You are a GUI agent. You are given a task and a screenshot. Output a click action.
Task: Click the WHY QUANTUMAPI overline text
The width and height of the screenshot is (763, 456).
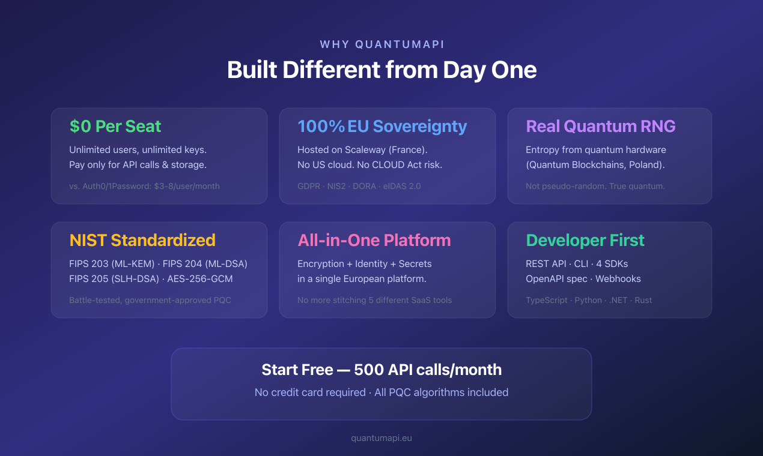[x=381, y=44]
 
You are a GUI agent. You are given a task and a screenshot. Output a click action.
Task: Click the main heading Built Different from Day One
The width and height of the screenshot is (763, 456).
[x=381, y=70]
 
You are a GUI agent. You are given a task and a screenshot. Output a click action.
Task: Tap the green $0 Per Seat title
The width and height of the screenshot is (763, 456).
[x=115, y=127]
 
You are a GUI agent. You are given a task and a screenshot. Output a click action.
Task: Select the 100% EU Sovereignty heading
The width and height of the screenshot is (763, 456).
[x=382, y=127]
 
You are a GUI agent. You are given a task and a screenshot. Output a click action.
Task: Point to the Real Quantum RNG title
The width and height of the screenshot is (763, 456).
[x=601, y=127]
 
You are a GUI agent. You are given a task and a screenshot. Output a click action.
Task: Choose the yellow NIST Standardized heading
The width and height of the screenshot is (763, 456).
[x=142, y=241]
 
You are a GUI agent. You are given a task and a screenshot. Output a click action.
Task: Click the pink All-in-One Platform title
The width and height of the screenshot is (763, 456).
[x=374, y=241]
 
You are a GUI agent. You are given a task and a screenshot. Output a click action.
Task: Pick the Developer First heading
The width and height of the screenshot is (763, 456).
[x=585, y=241]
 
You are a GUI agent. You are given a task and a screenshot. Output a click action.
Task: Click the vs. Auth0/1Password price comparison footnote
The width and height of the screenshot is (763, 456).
[x=144, y=186]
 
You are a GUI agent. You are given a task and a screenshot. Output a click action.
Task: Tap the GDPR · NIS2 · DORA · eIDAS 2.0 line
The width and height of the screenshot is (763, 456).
[x=359, y=186]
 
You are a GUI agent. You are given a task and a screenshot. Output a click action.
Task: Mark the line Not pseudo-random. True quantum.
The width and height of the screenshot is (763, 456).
[x=595, y=186]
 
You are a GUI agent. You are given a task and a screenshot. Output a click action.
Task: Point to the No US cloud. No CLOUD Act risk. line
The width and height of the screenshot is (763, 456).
[x=369, y=165]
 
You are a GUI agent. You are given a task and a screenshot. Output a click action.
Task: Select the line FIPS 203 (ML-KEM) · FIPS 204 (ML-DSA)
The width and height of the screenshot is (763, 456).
[x=158, y=263]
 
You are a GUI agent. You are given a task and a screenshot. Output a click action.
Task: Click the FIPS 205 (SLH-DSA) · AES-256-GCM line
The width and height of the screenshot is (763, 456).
[x=150, y=279]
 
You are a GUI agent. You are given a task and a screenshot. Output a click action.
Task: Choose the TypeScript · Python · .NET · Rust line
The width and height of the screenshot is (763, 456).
[x=589, y=300]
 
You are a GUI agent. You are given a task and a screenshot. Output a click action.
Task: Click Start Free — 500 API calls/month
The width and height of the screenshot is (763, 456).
[x=381, y=370]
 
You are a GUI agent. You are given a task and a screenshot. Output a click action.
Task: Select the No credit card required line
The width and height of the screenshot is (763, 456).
[x=381, y=392]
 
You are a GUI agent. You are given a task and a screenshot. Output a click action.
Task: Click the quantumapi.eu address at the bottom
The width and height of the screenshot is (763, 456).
[x=381, y=438]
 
